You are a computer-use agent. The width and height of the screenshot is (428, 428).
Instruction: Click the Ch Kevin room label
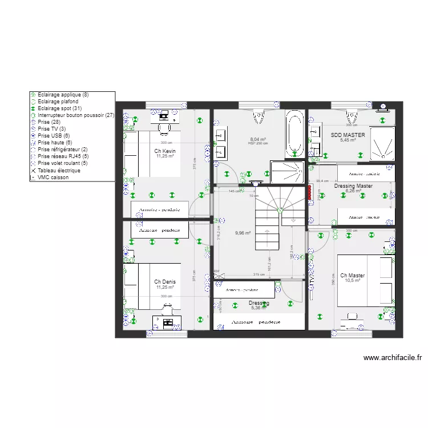tap(164, 151)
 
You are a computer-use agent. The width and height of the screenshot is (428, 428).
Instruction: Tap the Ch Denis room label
tap(164, 282)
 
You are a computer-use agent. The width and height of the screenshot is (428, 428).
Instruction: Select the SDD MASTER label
tap(348, 135)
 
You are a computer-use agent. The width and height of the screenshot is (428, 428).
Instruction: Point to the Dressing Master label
tap(353, 186)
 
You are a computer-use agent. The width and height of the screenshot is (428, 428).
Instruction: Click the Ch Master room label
tap(352, 276)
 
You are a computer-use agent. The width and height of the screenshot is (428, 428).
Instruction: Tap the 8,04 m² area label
tap(259, 139)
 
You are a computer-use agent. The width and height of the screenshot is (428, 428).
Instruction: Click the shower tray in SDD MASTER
tap(382, 143)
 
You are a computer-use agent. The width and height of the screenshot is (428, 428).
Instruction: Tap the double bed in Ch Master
tap(365, 280)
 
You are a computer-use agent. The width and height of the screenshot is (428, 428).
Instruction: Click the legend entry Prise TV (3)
tap(51, 129)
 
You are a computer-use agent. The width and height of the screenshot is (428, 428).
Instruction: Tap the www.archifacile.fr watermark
tap(393, 358)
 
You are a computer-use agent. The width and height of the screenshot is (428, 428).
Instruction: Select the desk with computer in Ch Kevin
tap(166, 118)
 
